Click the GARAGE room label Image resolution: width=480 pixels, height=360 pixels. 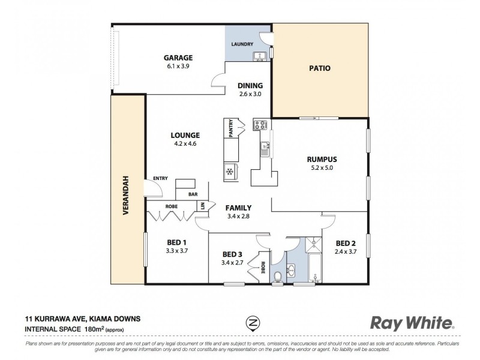click(178, 58)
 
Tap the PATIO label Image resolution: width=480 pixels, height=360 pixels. click(320, 68)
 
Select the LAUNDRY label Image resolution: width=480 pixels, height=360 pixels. click(242, 44)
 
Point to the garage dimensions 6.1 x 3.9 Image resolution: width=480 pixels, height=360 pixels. click(178, 67)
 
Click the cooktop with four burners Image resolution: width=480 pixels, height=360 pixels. click(261, 125)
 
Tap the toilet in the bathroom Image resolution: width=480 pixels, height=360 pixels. click(278, 275)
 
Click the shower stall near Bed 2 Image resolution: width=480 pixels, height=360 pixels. click(312, 244)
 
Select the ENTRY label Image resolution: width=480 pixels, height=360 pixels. click(160, 178)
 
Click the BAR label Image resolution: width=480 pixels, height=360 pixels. click(193, 194)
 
